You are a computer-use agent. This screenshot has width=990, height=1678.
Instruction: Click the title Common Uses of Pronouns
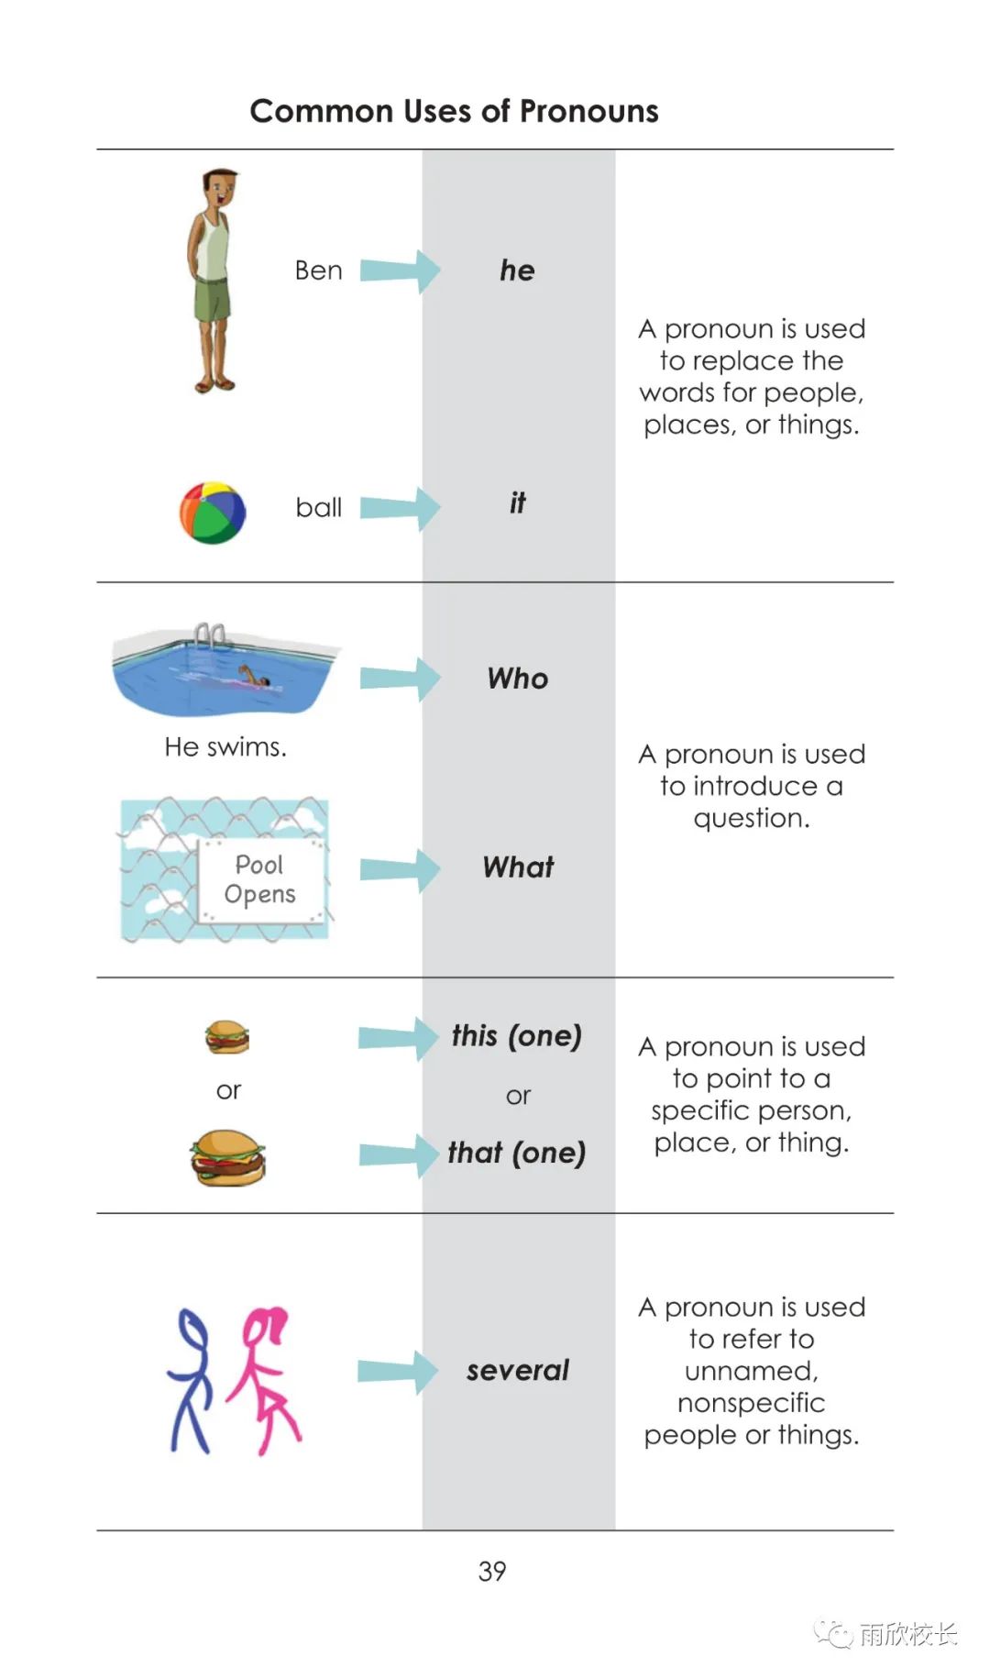454,111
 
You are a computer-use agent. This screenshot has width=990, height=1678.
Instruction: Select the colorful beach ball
213,512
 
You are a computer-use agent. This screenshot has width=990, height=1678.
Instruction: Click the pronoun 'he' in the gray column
517,270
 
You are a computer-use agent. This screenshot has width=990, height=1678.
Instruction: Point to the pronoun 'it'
518,502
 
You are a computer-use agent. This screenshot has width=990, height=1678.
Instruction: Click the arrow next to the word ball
400,508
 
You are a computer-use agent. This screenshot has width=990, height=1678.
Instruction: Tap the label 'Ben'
318,270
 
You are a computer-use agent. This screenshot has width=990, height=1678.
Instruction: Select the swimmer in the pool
249,679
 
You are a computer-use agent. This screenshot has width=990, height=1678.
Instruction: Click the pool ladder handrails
211,635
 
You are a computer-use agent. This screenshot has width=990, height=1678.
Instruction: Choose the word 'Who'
518,679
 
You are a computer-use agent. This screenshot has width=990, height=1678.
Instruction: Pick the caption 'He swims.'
225,747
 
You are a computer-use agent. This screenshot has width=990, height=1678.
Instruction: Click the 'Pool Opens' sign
261,880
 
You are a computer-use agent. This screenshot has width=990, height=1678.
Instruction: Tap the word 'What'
518,867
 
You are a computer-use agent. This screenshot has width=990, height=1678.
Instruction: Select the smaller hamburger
226,1037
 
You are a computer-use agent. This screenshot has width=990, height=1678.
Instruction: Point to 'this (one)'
517,1036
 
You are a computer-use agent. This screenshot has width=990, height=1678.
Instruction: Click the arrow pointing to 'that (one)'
399,1154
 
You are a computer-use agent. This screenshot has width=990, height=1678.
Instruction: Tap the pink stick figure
264,1381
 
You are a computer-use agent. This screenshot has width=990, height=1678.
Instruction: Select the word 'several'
518,1370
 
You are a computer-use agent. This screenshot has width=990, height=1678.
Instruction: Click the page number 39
492,1572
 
